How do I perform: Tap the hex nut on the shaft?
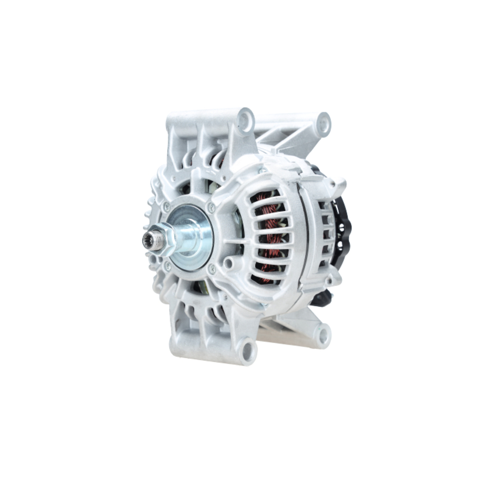[164, 238]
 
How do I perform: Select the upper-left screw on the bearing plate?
[166, 207]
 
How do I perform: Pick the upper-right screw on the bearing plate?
[210, 207]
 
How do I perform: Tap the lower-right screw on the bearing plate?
[212, 270]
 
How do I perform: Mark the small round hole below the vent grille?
[229, 263]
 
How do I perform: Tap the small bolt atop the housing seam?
[262, 170]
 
